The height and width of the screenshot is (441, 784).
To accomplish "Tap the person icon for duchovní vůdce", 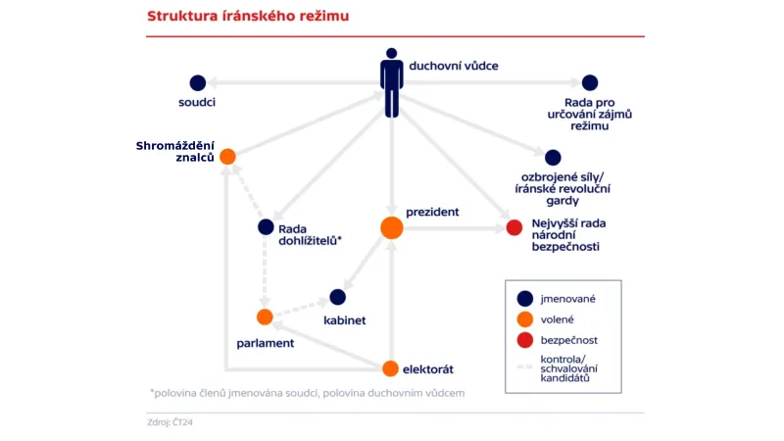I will [x=392, y=81].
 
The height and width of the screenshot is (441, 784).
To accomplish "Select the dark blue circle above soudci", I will [x=197, y=83].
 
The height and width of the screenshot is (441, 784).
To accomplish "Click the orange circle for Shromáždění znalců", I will [x=227, y=156].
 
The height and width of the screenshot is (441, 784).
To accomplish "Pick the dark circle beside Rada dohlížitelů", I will [x=265, y=226].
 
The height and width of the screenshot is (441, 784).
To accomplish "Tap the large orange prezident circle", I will [x=391, y=227].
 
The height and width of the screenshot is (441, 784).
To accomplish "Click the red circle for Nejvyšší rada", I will [x=514, y=227].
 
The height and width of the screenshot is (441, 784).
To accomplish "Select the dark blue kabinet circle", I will [x=338, y=296].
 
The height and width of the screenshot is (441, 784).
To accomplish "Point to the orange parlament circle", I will [x=265, y=317].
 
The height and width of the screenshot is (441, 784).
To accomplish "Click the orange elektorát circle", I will [x=390, y=368].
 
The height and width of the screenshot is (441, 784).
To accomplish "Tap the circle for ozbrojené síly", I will [x=553, y=157].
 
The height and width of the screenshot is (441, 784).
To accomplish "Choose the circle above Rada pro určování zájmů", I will [x=589, y=83].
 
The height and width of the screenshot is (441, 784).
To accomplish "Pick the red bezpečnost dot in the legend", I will [x=525, y=340].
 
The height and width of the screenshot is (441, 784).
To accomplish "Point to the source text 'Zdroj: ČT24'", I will [x=171, y=423].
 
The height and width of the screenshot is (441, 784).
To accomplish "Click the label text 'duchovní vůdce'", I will [x=454, y=66].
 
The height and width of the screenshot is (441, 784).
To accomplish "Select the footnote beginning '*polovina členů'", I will [x=307, y=392].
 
